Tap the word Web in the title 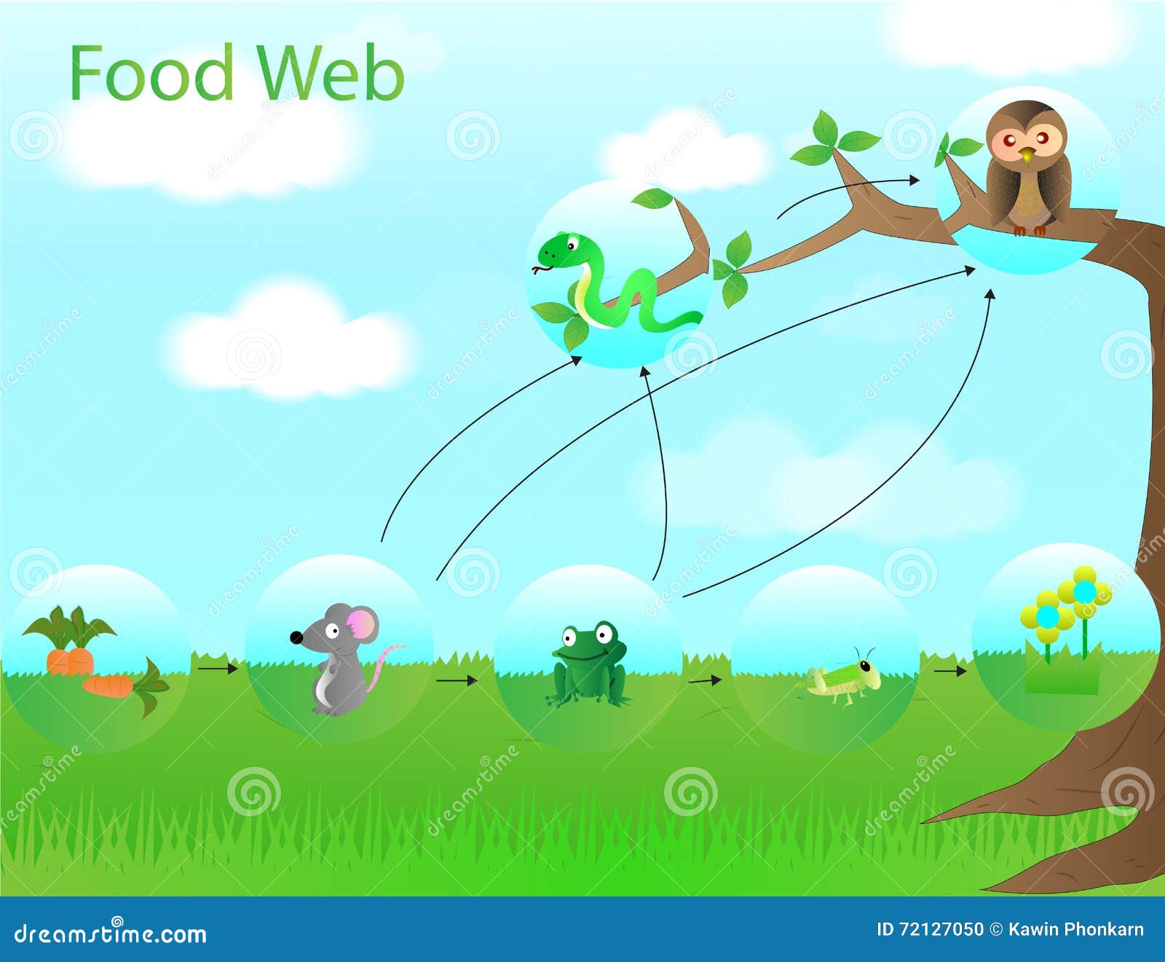[x=331, y=73]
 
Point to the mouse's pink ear [x=363, y=625]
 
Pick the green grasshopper [x=845, y=677]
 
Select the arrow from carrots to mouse [x=218, y=668]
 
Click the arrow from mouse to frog [x=457, y=681]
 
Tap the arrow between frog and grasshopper [x=705, y=681]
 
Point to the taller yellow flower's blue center [x=1084, y=591]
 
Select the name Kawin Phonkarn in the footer [x=1076, y=929]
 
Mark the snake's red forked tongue [x=537, y=271]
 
